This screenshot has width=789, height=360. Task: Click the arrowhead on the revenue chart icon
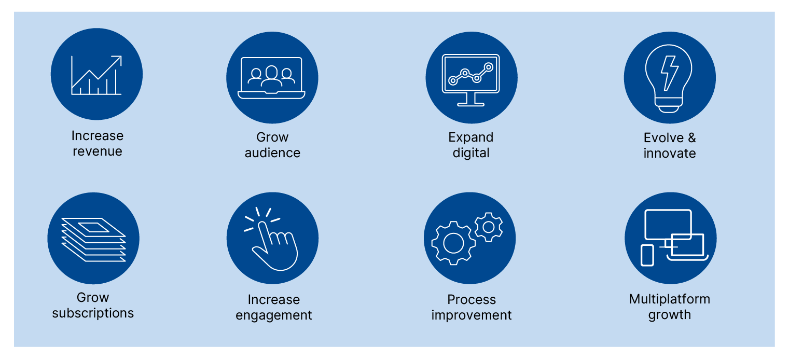coord(118,60)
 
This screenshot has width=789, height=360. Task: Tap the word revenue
coord(98,152)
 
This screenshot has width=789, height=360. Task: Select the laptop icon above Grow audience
coord(272,78)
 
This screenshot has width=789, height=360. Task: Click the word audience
coord(273,153)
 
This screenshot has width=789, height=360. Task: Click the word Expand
coord(470,138)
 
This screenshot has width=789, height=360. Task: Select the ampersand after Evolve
coord(692,138)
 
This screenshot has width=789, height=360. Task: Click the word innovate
coord(670,154)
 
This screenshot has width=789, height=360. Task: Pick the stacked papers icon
coord(94,240)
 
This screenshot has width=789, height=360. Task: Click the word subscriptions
coord(93,313)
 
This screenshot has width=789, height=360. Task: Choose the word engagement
coord(274,315)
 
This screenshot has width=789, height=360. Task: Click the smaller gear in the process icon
coord(489,227)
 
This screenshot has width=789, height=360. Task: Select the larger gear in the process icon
coord(453,243)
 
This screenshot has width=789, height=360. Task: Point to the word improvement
coord(472,315)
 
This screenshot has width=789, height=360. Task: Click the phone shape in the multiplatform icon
coord(647,255)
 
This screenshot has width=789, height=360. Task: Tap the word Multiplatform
coord(670,299)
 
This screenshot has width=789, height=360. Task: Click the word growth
coord(670,315)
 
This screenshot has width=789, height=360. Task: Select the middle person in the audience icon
coord(271,76)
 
